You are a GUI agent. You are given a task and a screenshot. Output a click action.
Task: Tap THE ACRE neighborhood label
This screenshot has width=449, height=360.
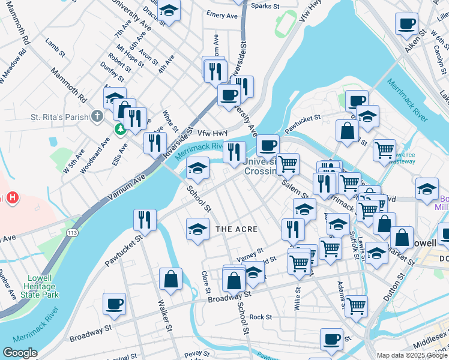[237, 229]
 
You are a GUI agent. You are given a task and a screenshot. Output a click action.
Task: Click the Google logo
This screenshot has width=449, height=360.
[20, 353]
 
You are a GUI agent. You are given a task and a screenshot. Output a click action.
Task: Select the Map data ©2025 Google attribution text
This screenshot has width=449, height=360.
[412, 355]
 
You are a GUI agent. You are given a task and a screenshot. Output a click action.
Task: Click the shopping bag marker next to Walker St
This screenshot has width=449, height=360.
[171, 278]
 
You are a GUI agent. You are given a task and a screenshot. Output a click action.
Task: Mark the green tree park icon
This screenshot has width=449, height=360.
[120, 128]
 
